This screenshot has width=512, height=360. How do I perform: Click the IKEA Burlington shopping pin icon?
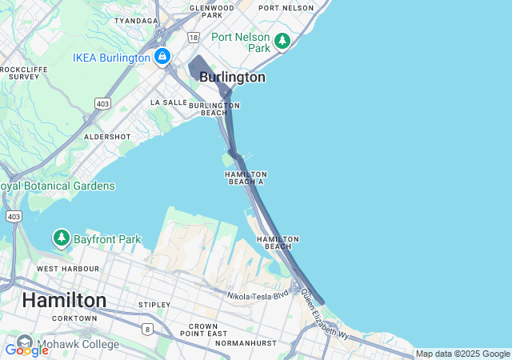[162, 57]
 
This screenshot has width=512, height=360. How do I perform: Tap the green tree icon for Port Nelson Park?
[282, 40]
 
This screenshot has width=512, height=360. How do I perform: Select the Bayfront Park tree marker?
[62, 238]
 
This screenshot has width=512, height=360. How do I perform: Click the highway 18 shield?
[193, 37]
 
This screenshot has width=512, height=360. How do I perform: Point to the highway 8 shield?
[146, 328]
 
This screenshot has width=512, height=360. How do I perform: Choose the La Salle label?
[168, 102]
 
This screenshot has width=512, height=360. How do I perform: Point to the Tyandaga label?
[136, 21]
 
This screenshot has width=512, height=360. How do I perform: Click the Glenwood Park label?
[212, 11]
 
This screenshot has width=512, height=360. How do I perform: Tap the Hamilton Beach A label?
[246, 178]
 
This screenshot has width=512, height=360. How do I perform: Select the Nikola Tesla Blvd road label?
[257, 296]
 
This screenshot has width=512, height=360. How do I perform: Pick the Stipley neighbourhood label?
[154, 305]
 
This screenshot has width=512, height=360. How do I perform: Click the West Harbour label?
[68, 269]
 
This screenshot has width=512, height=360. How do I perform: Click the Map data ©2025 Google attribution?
[462, 354]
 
